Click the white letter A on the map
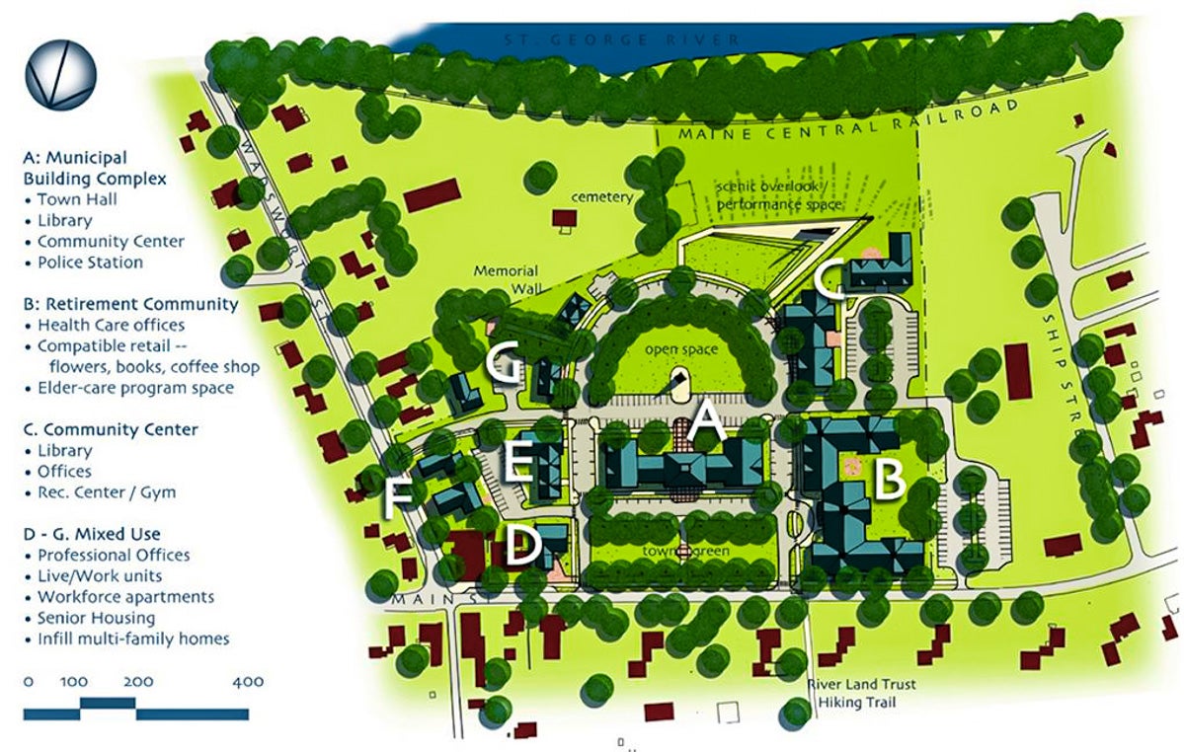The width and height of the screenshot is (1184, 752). (706, 424)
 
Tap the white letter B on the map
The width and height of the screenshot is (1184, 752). (890, 481)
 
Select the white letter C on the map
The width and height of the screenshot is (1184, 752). (831, 279)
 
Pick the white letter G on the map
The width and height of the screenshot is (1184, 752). (505, 363)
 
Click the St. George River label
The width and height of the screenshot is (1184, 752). (621, 39)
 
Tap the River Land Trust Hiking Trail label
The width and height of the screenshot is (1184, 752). (861, 694)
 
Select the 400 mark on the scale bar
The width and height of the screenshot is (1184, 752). (248, 682)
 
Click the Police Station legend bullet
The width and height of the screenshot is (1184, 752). (90, 263)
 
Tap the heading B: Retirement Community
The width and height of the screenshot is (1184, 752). (130, 304)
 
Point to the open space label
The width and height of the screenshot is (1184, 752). (679, 350)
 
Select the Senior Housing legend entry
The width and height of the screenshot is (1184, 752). (96, 618)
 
